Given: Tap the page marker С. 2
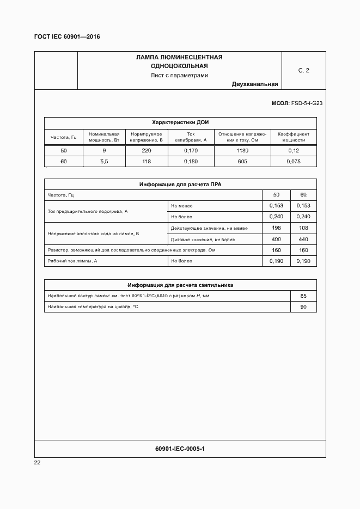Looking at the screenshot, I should coord(303,70).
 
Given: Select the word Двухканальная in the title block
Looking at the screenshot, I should coord(254,84).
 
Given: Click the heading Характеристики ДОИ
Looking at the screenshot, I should coord(180,122).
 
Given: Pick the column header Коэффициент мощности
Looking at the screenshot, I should coord(294,137).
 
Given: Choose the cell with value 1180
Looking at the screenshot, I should coord(242,150).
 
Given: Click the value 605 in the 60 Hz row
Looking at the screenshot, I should coord(242,162).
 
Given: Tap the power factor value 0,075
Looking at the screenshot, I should coord(294,162).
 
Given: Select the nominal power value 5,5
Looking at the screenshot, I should coord(104,162).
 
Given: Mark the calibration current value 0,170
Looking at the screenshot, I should coord(191,150).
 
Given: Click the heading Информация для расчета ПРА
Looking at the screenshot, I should coord(180,185).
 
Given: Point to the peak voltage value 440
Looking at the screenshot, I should coord(303,240).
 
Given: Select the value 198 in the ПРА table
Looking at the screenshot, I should coord(276,228).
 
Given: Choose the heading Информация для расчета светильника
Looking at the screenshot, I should coord(180,285).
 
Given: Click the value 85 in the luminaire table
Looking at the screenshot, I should coord(303,296).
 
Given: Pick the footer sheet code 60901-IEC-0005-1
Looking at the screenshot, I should coord(180,449).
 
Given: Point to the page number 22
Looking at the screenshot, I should coord(37,463).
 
